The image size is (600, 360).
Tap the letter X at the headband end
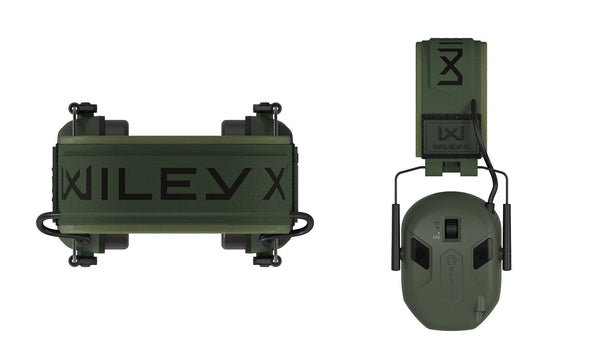[x=274, y=183]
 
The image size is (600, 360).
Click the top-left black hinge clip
[x=82, y=109]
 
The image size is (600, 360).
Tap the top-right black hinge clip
[x=267, y=108]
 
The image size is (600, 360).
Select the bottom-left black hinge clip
[x=82, y=261]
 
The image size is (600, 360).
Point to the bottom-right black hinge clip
[x=267, y=261]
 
